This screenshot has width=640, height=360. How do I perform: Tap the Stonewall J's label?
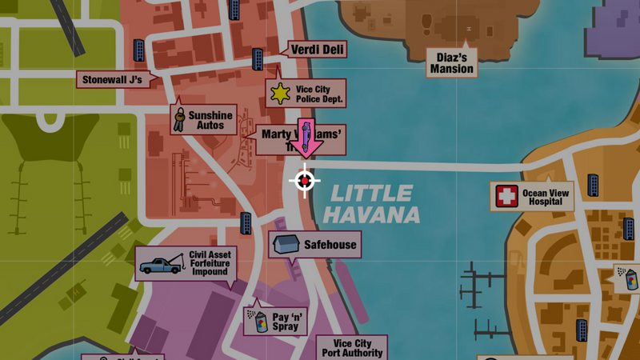(111, 79)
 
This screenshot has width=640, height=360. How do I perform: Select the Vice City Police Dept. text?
(319, 94)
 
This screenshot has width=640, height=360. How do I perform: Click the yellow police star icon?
(279, 94)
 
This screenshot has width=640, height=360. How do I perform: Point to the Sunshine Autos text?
(210, 120)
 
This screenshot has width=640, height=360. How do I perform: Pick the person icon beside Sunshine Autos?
(179, 119)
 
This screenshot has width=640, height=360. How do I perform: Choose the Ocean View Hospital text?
(547, 197)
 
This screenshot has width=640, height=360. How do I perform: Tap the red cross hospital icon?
(506, 196)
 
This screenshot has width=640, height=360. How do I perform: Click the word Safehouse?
(330, 245)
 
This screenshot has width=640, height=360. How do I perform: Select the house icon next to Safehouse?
(286, 245)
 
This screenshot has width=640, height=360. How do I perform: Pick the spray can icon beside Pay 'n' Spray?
(259, 322)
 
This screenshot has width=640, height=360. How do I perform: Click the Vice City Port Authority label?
(352, 346)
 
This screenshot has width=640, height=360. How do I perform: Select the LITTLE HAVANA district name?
(373, 204)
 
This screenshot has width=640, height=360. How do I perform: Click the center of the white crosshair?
(304, 182)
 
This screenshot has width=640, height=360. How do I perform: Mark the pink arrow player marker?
(305, 137)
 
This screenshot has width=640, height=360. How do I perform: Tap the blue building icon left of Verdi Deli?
(258, 58)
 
